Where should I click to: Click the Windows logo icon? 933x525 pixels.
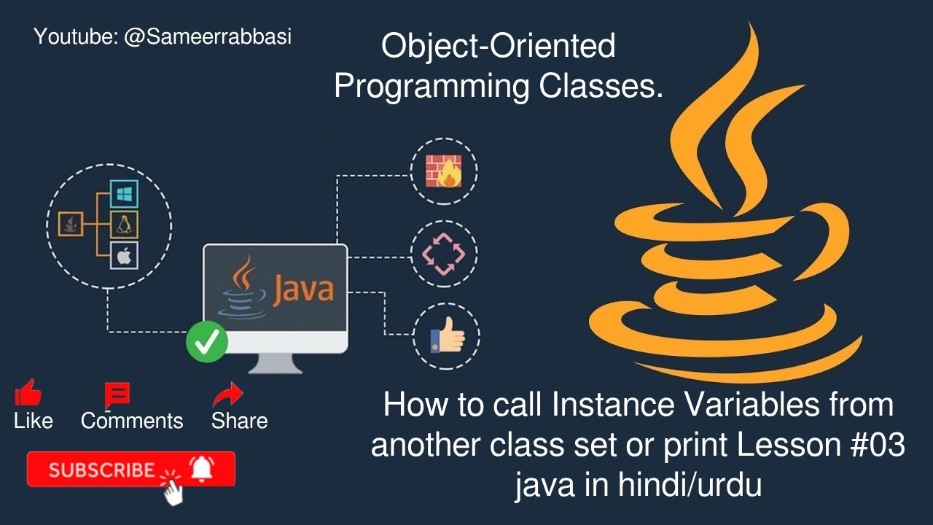[124, 194]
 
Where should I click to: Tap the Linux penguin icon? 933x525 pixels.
[124, 225]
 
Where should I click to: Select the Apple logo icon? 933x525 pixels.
[124, 256]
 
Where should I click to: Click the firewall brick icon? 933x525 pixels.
[445, 171]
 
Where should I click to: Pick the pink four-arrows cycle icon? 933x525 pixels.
[445, 254]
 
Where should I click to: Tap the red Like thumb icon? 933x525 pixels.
[28, 394]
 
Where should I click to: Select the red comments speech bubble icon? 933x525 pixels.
[117, 394]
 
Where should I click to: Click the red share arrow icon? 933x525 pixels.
[228, 394]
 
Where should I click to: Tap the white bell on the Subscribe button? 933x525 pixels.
[202, 468]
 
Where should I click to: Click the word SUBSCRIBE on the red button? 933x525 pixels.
[102, 470]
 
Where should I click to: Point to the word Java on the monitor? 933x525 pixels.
[303, 289]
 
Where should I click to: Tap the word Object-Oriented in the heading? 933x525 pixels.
[499, 47]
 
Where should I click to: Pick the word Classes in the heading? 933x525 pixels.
[601, 87]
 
